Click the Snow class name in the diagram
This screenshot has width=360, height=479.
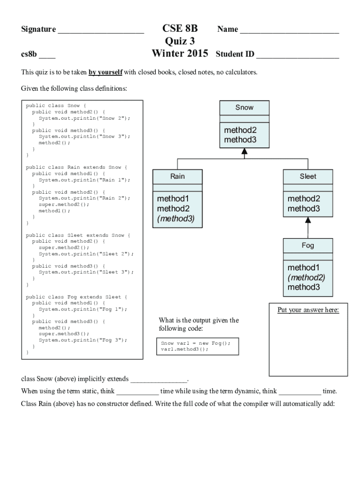244,108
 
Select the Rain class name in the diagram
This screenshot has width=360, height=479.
178,176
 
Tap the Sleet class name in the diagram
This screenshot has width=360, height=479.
308,176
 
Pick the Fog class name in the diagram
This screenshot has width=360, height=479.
308,245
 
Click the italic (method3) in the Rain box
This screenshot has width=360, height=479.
176,218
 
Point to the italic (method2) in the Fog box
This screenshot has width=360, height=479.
306,277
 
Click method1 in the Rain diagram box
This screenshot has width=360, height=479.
173,199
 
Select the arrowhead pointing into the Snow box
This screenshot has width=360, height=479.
244,151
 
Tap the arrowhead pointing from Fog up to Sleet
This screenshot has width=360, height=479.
308,220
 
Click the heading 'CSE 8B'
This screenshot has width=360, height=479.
180,29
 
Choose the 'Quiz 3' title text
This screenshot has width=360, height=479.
180,41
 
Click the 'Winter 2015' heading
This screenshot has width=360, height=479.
180,53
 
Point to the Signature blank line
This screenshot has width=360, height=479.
101,32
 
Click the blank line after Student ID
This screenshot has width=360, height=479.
297,56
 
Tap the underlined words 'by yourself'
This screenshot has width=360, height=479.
105,73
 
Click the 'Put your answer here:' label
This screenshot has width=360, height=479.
308,310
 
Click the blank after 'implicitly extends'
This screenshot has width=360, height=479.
159,380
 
